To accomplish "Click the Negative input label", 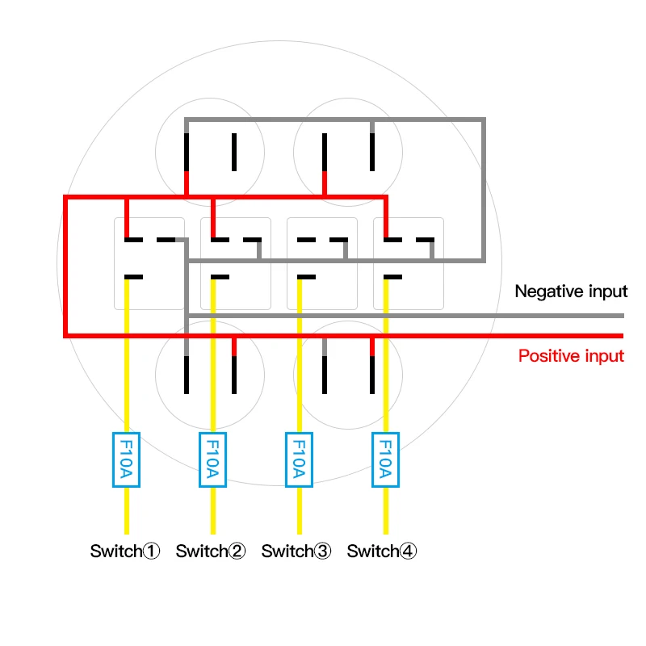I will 571,292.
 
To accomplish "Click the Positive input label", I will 571,355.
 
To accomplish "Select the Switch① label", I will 125,552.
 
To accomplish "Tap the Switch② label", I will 211,552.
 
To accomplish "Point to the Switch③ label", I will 296,552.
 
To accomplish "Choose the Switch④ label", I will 382,552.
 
